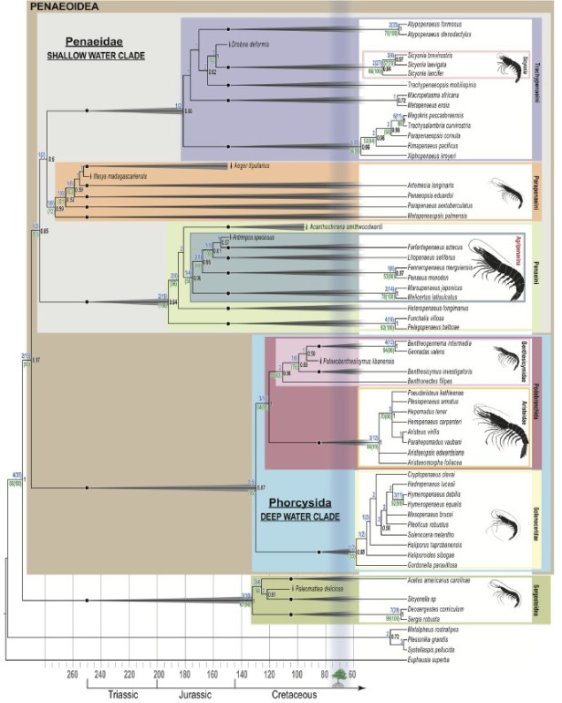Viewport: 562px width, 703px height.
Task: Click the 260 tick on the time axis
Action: click(x=73, y=675)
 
